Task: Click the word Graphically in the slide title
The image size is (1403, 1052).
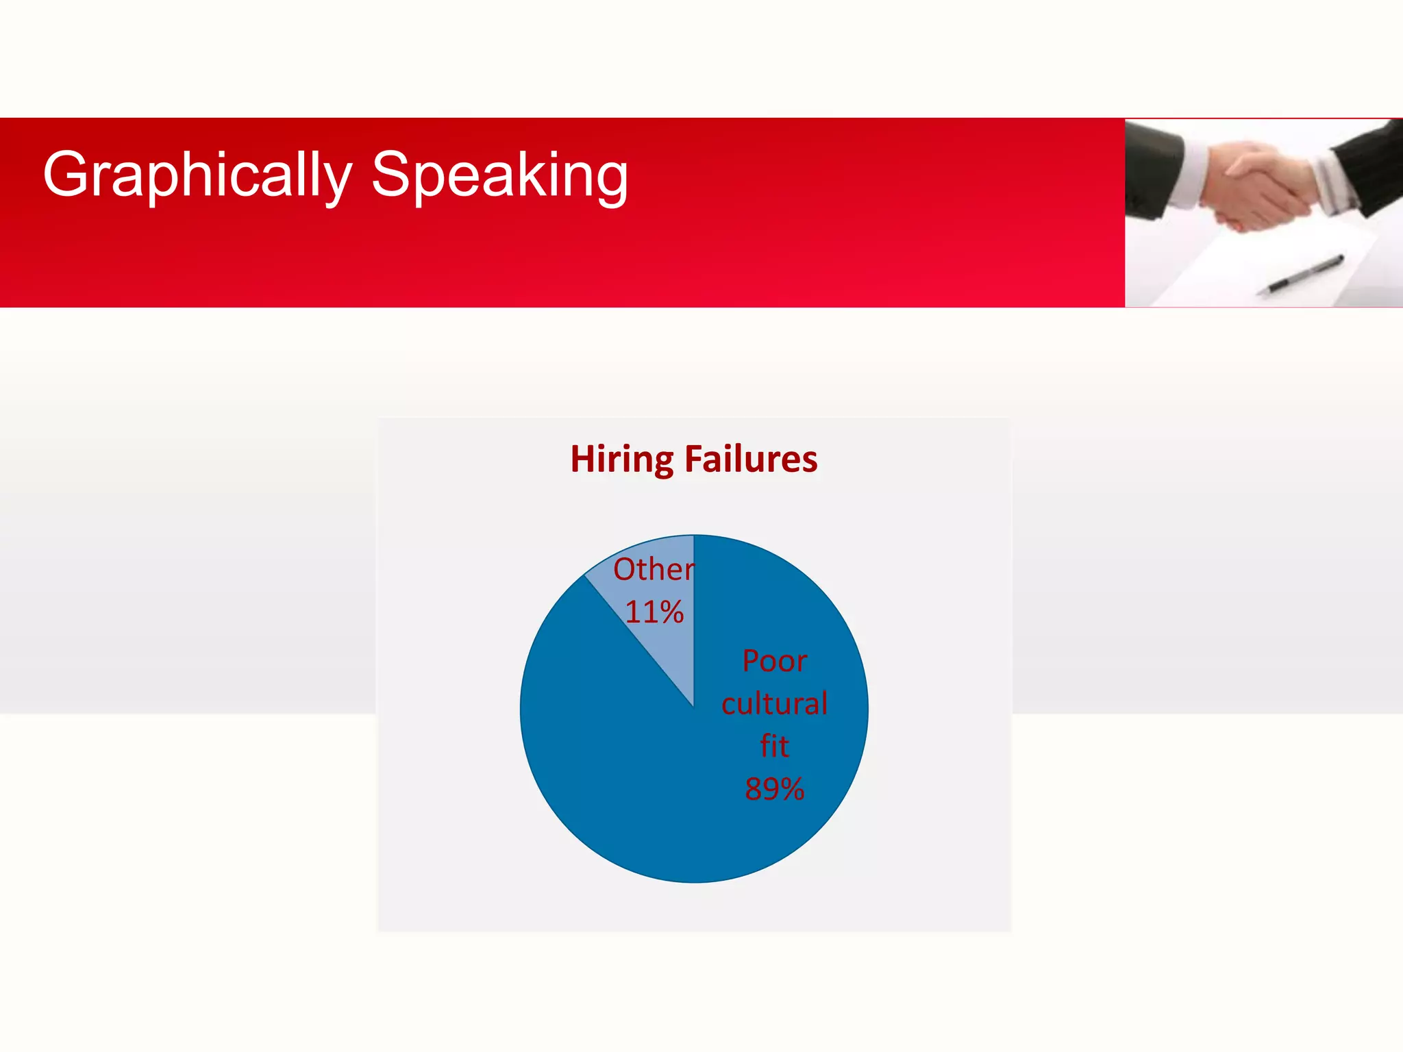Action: tap(197, 175)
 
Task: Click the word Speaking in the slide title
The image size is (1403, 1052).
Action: tap(499, 175)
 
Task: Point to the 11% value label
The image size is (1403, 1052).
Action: tap(654, 612)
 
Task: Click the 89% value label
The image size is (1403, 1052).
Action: tap(774, 788)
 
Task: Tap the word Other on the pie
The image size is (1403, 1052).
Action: tap(653, 569)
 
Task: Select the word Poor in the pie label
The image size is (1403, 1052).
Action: tap(775, 661)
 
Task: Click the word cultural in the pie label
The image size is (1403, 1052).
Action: tap(774, 703)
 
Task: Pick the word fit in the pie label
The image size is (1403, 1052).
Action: tap(774, 746)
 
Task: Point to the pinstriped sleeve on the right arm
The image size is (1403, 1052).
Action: tap(1370, 164)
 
